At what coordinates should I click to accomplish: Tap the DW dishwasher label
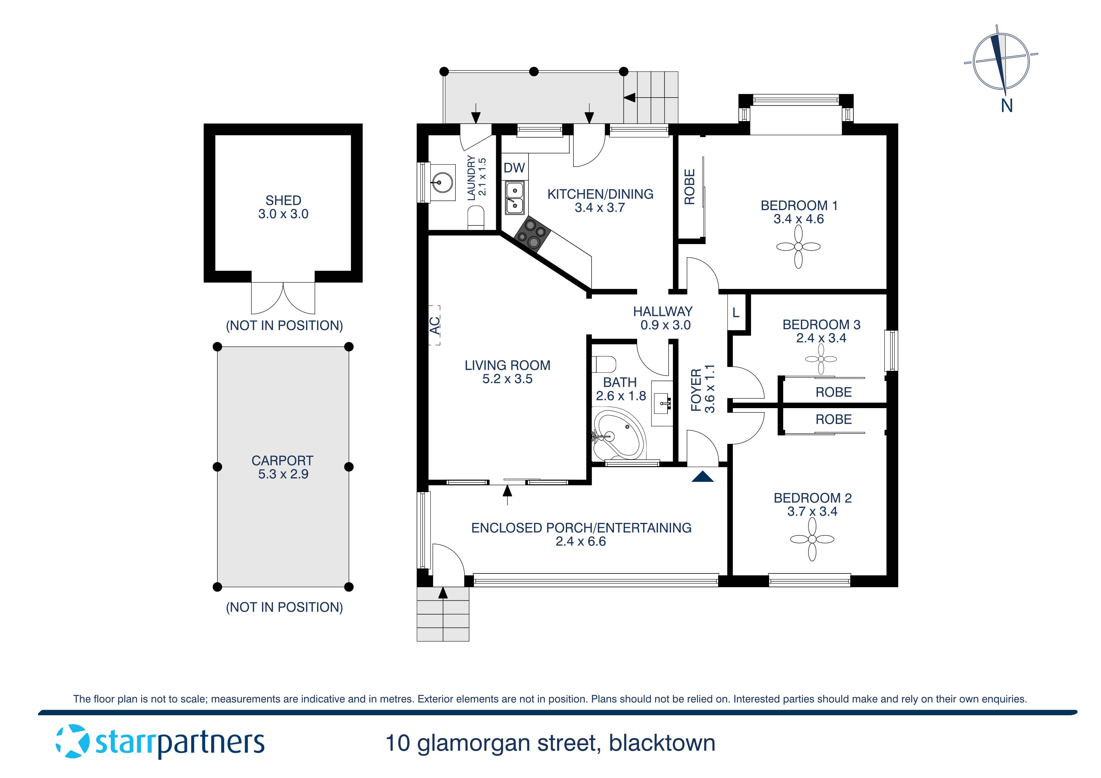(514, 168)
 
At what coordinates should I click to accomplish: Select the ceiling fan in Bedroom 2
(812, 539)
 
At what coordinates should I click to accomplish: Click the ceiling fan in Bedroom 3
(820, 359)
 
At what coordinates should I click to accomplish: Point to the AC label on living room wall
(434, 326)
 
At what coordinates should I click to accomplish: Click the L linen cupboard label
(736, 313)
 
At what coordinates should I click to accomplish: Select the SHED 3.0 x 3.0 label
(283, 207)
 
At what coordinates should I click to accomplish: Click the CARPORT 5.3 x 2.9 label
(282, 467)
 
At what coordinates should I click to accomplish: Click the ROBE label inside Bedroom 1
(689, 187)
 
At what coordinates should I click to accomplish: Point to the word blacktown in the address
(662, 743)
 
